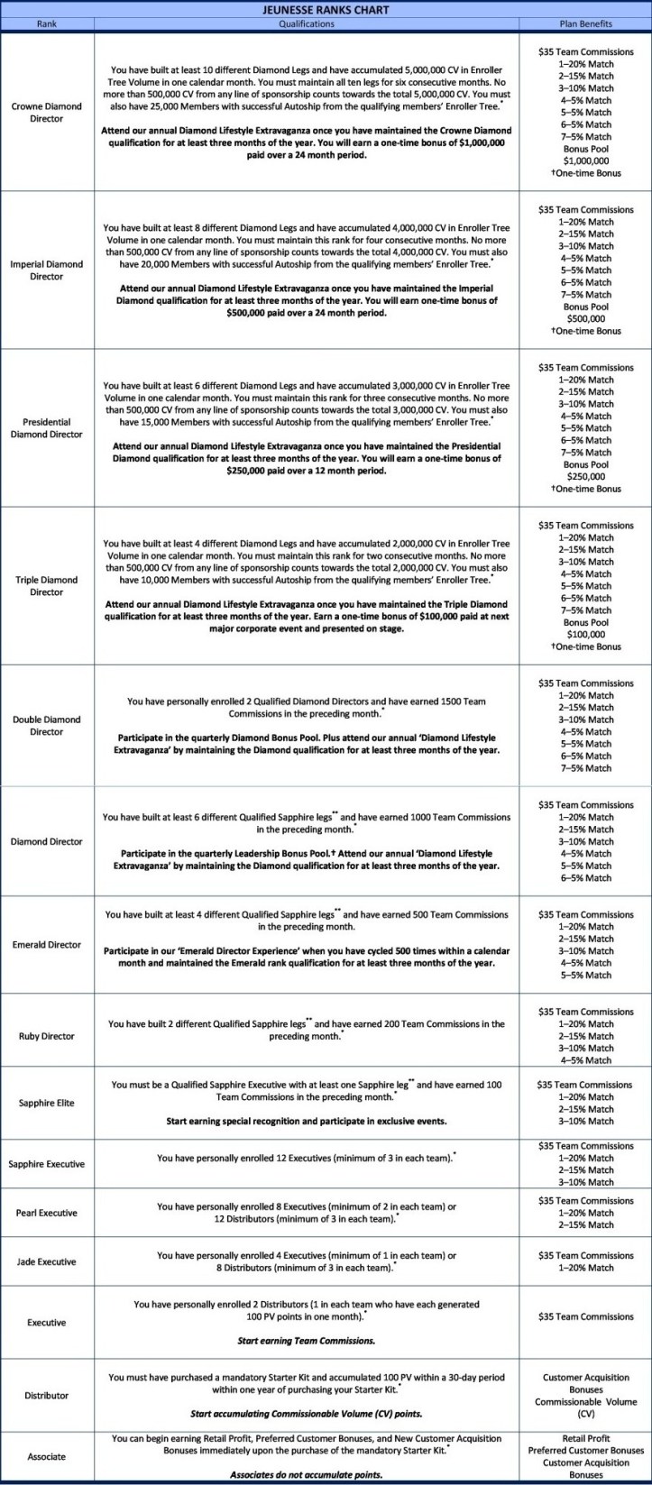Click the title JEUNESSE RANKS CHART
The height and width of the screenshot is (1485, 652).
tap(325, 10)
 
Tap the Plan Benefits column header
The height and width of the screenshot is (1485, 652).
tap(585, 23)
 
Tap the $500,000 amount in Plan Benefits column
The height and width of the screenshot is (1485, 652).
tap(585, 319)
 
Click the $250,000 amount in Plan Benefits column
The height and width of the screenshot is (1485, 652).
tap(585, 477)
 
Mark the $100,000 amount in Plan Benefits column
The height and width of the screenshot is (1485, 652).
tap(585, 635)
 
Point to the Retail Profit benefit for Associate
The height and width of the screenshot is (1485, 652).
tap(585, 1439)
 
